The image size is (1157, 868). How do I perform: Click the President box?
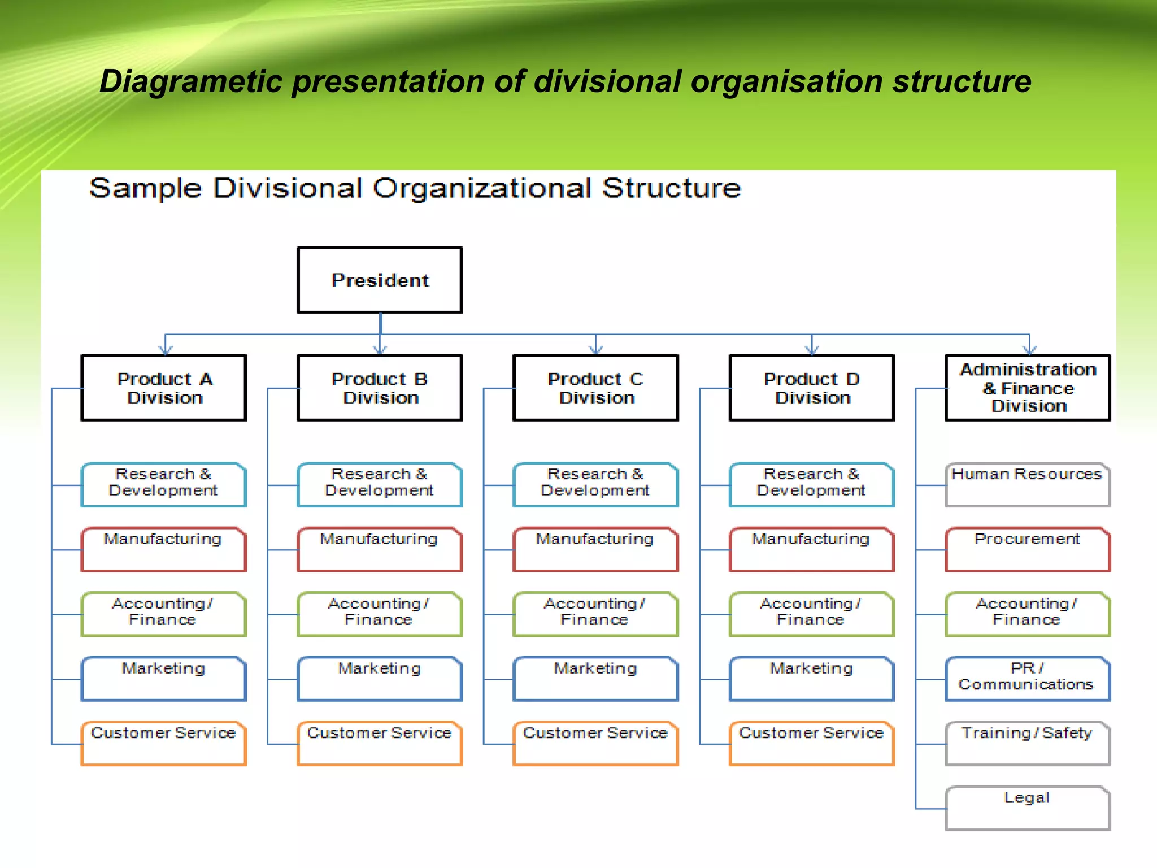pos(380,280)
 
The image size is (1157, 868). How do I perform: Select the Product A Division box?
pos(164,388)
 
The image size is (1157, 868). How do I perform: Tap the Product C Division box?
pos(595,388)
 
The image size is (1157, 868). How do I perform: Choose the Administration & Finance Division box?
pos(1028,388)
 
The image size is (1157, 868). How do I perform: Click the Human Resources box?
pos(1028,484)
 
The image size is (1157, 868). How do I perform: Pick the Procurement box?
pos(1028,549)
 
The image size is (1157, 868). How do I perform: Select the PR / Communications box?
pos(1028,678)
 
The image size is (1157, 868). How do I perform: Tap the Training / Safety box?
pos(1028,743)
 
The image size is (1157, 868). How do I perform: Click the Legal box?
pos(1028,808)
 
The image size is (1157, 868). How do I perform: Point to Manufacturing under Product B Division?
pos(380,549)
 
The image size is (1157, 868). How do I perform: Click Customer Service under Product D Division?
pos(811,743)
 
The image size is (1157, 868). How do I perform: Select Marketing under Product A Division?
pos(164,678)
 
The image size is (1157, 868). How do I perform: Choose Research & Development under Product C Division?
pos(595,484)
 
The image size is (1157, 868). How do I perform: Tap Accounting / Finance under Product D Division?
pos(811,614)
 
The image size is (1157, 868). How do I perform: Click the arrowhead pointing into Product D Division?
pos(812,350)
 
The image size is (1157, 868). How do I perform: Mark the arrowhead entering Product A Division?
pos(165,350)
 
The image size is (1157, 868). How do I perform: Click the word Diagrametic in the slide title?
pos(190,81)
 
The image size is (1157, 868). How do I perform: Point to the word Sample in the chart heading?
pos(145,188)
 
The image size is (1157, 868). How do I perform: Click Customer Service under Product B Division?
pos(380,743)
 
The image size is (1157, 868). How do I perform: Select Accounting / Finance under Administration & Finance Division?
pos(1028,614)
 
